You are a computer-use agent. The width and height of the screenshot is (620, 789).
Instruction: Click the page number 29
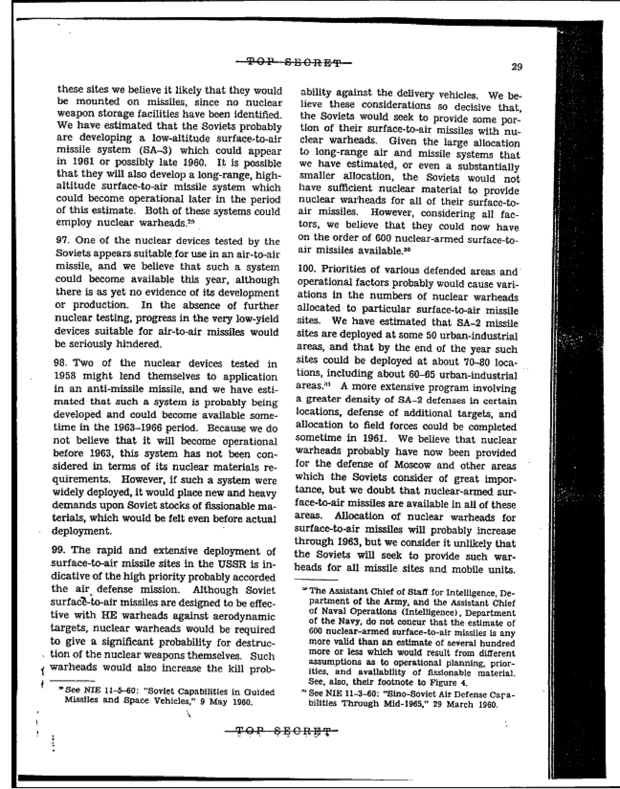[516, 67]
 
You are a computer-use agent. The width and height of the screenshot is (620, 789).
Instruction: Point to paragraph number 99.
[58, 550]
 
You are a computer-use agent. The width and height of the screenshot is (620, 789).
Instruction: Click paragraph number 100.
[306, 270]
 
